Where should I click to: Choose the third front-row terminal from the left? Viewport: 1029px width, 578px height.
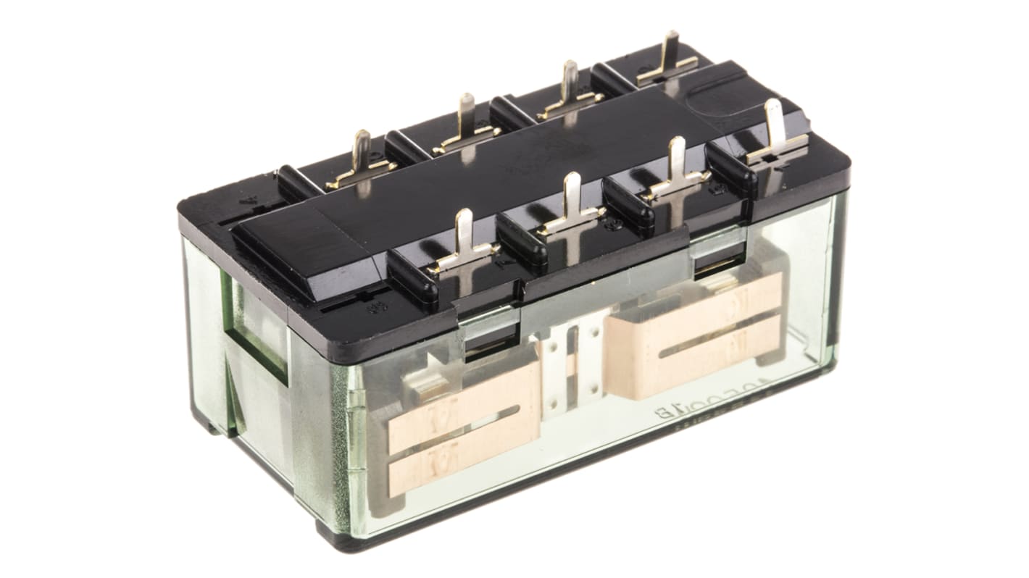pos(677,171)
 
